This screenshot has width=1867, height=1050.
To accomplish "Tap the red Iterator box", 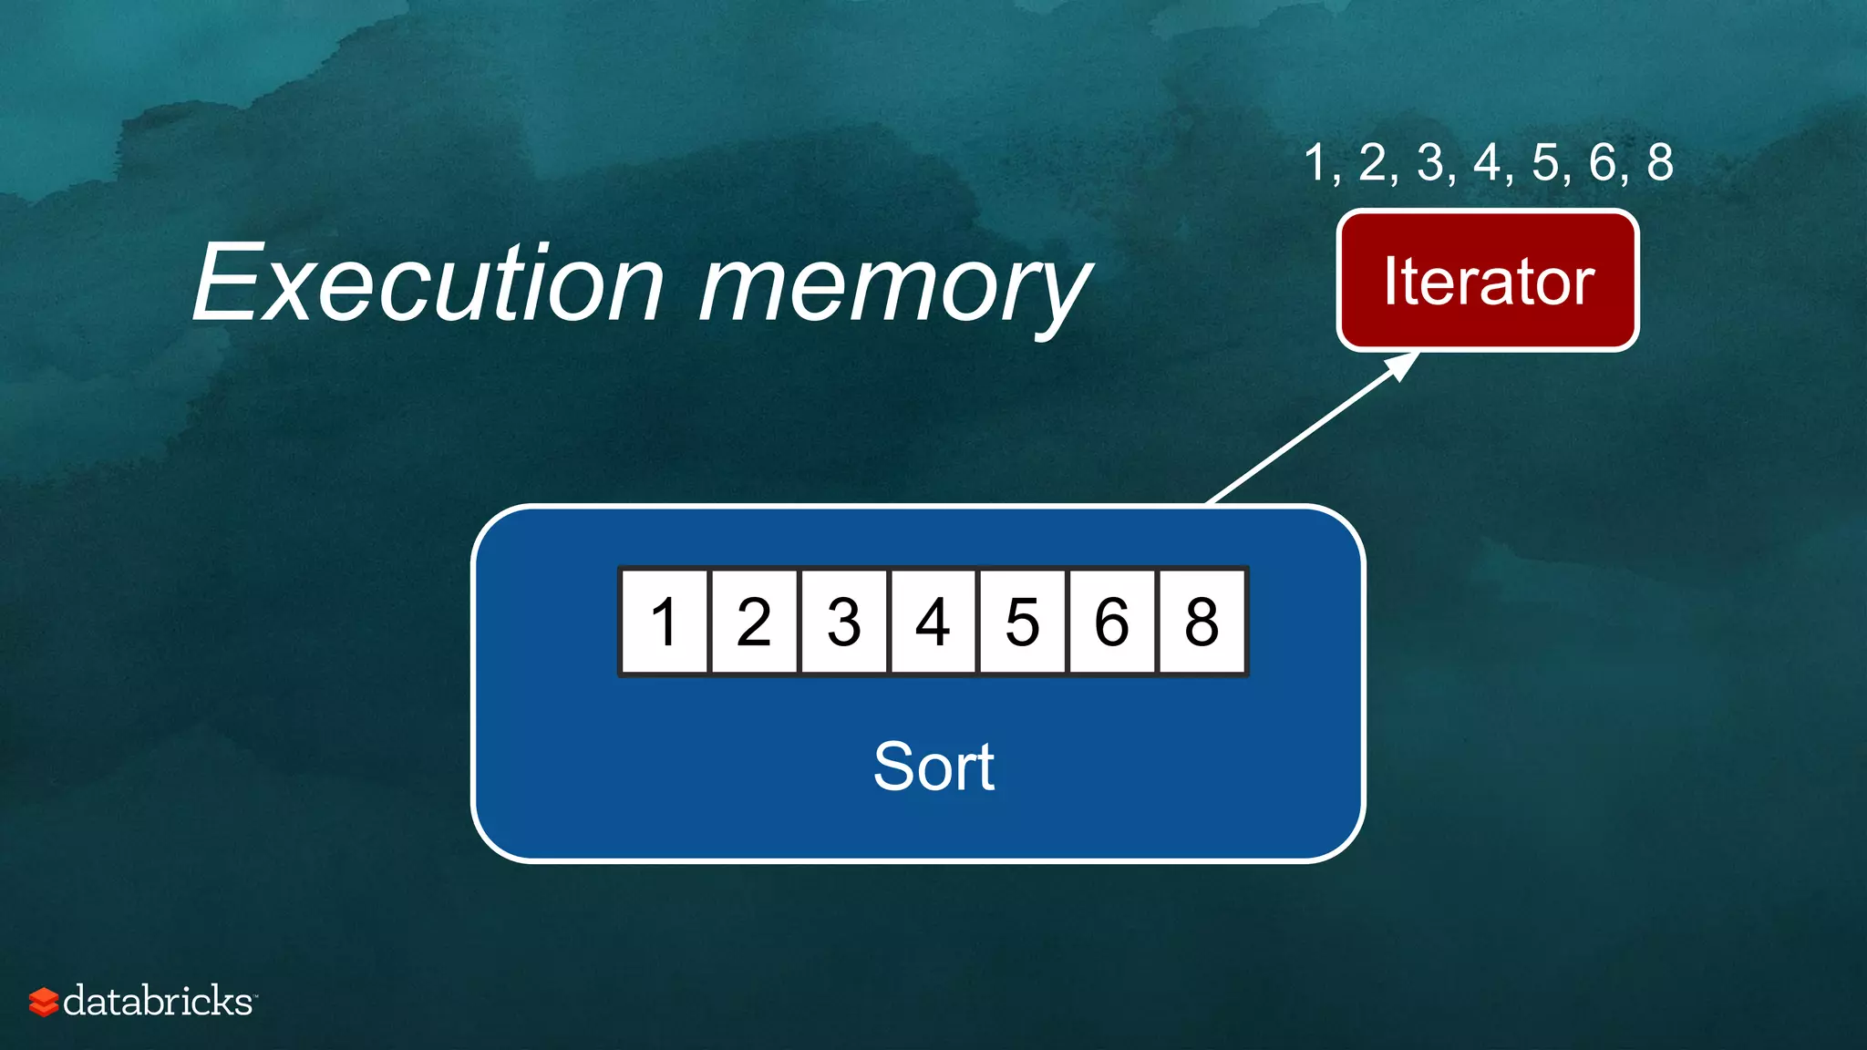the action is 1488,281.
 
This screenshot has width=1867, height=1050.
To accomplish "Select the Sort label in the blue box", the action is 933,767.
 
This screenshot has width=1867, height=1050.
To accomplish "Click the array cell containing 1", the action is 665,622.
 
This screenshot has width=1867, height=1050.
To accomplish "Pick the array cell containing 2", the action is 754,622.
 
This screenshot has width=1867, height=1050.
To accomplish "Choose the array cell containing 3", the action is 843,622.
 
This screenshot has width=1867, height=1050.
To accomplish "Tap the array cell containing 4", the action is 933,622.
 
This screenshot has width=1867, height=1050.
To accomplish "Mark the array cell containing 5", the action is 1022,622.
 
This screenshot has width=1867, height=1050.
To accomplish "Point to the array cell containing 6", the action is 1111,622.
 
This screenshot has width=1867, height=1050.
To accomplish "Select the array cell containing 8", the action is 1202,622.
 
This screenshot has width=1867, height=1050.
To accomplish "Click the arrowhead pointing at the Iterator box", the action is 1402,365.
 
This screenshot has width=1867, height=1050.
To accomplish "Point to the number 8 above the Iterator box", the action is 1659,163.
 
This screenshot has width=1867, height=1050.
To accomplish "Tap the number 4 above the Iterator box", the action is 1487,163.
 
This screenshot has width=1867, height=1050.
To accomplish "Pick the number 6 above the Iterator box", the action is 1602,163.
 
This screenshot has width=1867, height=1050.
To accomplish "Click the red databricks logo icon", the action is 43,1002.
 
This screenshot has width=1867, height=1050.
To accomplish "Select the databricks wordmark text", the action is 159,1001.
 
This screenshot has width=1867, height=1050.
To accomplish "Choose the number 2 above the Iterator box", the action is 1372,163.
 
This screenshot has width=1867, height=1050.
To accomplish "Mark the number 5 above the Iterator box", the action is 1545,163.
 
